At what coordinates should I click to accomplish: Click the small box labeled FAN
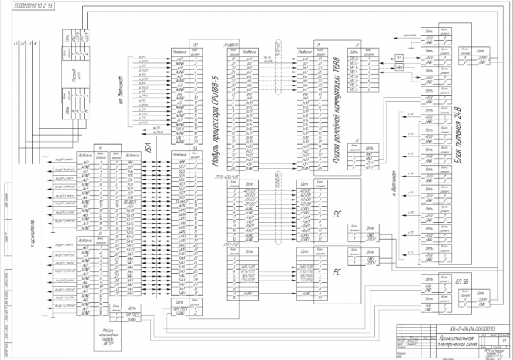pyautogui.click(x=398, y=68)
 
